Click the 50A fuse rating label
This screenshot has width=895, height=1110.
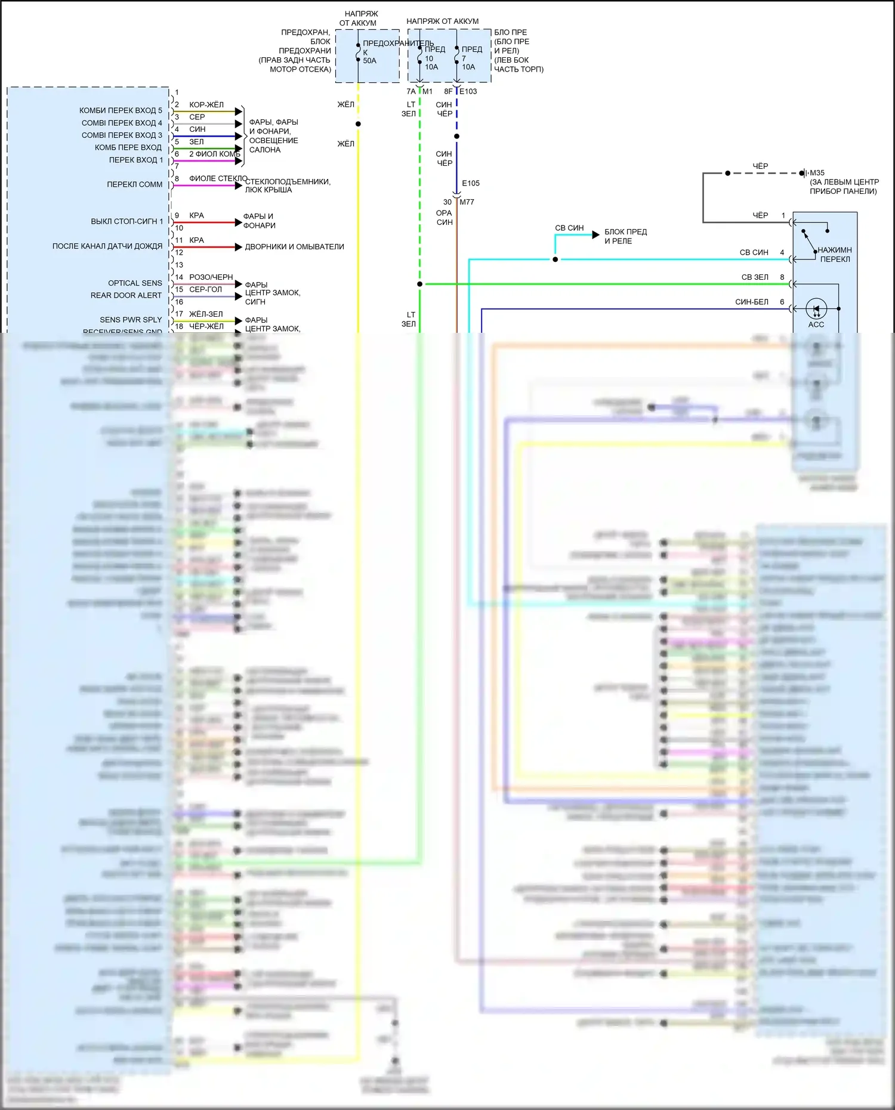coord(369,61)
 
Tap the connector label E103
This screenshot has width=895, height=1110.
coord(468,91)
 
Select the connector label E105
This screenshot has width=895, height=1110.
coord(471,183)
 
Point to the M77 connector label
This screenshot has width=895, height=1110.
coord(467,202)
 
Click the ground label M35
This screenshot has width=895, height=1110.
coord(817,173)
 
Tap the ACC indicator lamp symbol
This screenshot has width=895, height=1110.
coord(816,310)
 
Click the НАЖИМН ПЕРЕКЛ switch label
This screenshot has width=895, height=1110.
coord(835,255)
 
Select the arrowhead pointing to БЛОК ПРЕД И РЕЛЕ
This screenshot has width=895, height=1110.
coord(595,235)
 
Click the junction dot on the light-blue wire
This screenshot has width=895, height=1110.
coord(555,259)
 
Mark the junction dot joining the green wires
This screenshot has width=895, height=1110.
coord(420,284)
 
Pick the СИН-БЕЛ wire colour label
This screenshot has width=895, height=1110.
coord(752,302)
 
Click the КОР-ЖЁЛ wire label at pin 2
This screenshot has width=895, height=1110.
coord(206,105)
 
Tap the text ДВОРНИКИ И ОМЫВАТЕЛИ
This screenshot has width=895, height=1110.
coord(294,247)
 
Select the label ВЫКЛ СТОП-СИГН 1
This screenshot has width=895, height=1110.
coord(126,221)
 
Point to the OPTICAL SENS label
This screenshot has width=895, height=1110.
coord(135,283)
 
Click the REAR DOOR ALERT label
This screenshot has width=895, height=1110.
coord(126,295)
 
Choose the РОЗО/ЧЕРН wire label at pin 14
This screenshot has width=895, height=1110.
coord(211,277)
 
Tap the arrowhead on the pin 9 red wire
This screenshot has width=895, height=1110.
coord(239,222)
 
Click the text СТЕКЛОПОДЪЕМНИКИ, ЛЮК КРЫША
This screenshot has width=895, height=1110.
coord(288,185)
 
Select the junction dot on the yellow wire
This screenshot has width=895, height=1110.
coord(358,124)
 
